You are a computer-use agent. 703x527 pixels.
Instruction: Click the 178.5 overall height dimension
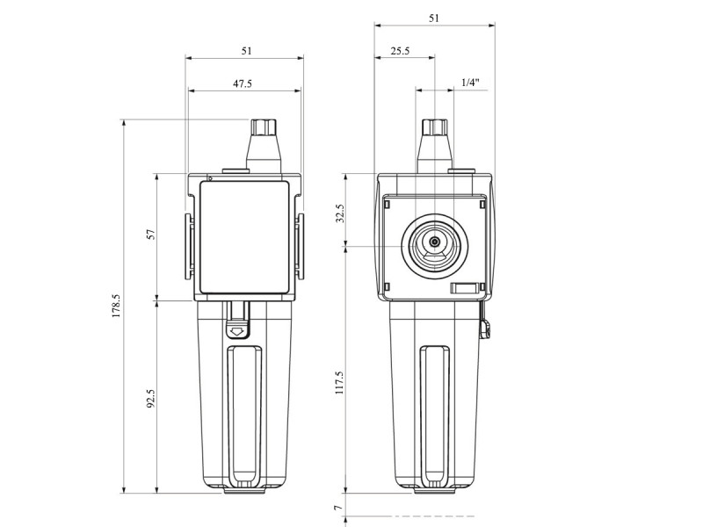coord(116,306)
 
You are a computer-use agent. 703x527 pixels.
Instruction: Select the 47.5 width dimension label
coord(243,83)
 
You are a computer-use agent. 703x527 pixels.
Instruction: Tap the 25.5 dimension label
coord(400,51)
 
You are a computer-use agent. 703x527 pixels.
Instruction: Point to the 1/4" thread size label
coord(470,83)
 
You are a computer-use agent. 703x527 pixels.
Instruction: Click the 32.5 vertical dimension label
coord(340,213)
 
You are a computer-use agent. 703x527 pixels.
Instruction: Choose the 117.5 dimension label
coord(339,382)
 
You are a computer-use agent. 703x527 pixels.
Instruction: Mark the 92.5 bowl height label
coord(151,398)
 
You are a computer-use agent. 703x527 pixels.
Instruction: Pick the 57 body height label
coord(151,234)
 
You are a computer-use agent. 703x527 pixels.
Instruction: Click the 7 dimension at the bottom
coord(338,508)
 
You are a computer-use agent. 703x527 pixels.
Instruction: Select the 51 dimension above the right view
coord(434,18)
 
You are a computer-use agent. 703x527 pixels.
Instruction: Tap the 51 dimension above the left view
coord(247,51)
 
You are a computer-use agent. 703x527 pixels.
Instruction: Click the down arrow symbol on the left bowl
coord(237,332)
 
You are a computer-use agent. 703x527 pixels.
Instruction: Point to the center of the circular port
coord(434,242)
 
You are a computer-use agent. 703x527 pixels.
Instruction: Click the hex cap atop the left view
coord(264,127)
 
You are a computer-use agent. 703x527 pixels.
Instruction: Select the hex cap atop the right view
coord(435,127)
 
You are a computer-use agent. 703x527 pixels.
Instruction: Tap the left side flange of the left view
coord(189,247)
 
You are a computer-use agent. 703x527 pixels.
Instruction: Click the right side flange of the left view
coord(300,247)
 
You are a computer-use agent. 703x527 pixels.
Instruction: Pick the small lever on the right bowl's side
coord(485,324)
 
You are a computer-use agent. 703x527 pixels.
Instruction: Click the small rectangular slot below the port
coord(464,288)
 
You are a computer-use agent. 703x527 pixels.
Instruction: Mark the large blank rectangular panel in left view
coord(244,237)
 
